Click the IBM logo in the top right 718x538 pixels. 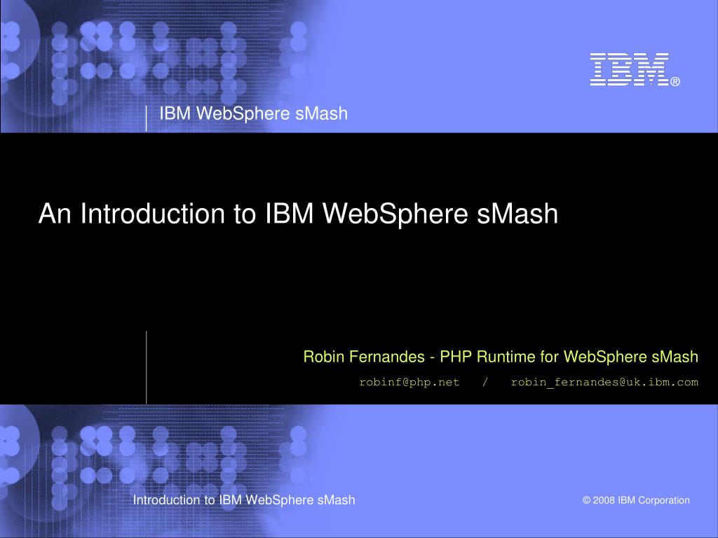pos(629,69)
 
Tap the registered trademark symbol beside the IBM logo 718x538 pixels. pos(675,82)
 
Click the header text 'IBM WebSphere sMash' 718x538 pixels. pos(253,113)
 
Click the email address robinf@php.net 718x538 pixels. pos(409,382)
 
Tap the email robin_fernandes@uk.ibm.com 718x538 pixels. pos(604,382)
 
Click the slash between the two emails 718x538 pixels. pos(485,382)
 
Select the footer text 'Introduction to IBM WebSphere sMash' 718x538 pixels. pos(244,499)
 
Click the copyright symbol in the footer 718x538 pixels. pos(585,500)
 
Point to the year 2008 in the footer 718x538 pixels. pos(603,500)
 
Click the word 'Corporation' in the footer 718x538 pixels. pos(663,500)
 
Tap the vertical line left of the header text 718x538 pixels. pos(147,118)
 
